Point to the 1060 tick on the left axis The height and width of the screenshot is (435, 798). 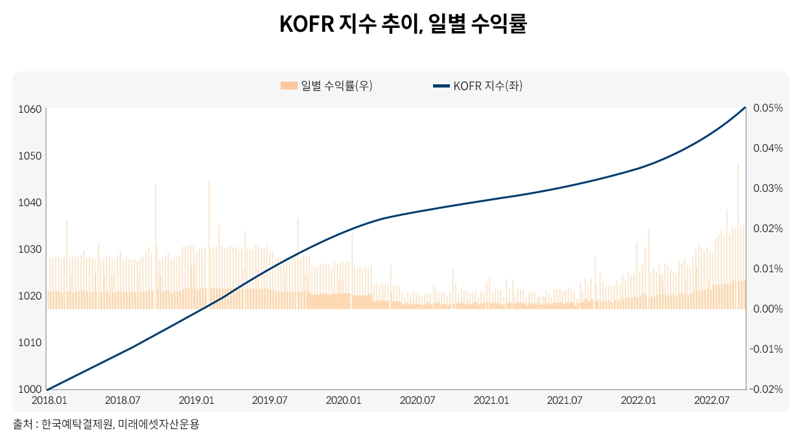point(30,109)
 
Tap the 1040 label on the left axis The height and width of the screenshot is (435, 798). point(30,202)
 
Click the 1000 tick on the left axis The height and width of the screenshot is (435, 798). point(30,389)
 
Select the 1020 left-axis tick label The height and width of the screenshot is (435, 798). point(30,296)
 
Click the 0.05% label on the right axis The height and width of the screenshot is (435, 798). point(768,108)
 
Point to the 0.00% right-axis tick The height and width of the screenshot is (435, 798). point(768,309)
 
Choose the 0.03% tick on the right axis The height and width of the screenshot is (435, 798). point(768,189)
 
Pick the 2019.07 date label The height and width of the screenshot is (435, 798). point(269,401)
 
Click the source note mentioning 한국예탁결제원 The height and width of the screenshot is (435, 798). point(106,425)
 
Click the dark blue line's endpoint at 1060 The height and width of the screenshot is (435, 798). point(745,108)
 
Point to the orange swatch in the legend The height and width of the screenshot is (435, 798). point(288,86)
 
